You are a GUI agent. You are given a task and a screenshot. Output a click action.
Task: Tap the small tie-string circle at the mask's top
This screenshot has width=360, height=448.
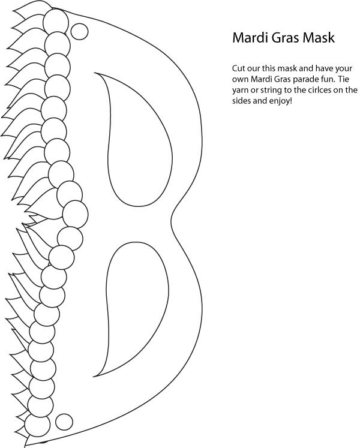tap(79, 31)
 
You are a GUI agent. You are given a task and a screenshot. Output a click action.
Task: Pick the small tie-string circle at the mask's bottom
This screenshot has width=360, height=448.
tap(64, 421)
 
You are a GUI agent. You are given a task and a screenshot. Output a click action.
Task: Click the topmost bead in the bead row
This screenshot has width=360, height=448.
tap(56, 22)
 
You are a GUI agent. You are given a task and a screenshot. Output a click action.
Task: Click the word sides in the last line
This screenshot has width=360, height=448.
tap(240, 101)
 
